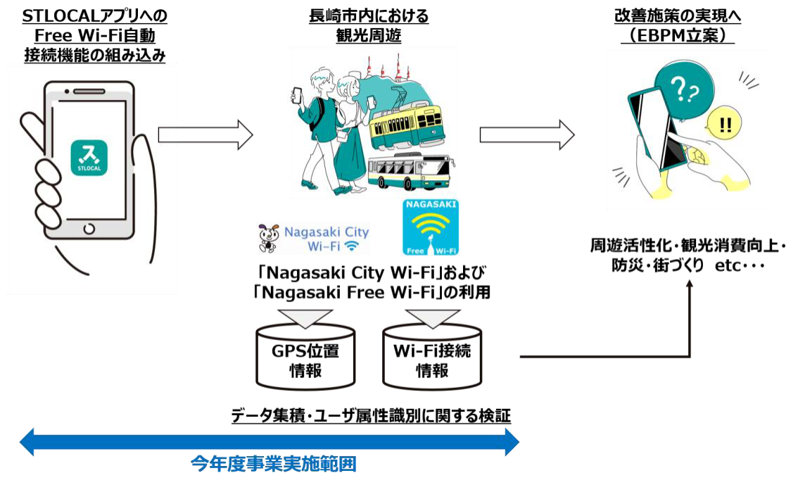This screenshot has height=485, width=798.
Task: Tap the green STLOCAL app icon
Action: (x=89, y=157)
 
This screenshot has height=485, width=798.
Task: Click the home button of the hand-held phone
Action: (x=89, y=228)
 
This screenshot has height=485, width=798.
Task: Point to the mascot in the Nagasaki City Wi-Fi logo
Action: (x=268, y=237)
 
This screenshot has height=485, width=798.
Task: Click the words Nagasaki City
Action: (x=326, y=232)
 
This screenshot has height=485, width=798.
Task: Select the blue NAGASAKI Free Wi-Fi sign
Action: (x=431, y=227)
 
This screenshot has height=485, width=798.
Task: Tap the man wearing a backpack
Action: (x=320, y=127)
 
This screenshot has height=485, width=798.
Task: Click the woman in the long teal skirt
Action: (x=350, y=134)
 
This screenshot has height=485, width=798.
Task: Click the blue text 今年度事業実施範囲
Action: (x=274, y=464)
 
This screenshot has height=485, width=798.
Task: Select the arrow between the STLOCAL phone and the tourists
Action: (x=205, y=134)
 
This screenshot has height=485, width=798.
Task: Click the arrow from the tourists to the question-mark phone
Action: (x=527, y=134)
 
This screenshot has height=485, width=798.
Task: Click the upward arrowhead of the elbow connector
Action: (x=690, y=283)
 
